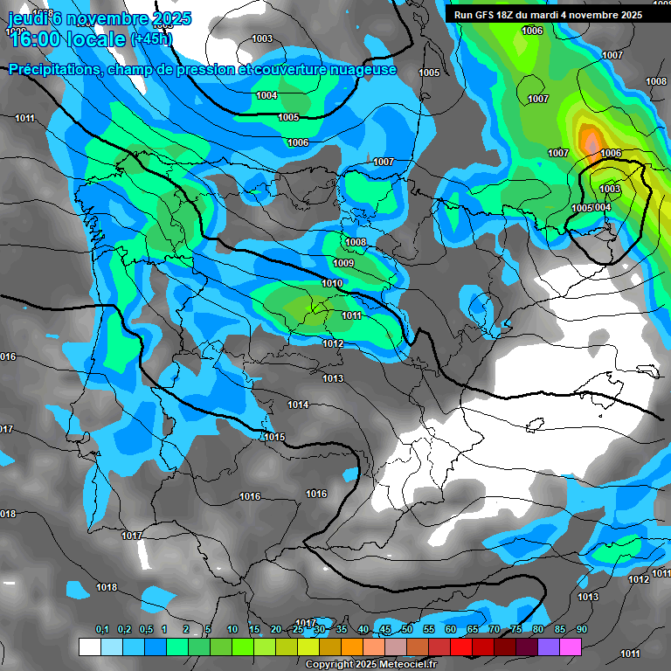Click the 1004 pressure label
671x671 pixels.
pos(266,95)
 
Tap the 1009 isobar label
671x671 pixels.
pos(343,263)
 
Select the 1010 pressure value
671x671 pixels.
pos(332,283)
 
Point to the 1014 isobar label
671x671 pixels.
pos(299,405)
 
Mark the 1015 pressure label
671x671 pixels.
pos(275,437)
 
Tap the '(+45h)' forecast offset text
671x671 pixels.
pos(151,38)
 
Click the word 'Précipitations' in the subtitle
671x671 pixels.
pos(52,69)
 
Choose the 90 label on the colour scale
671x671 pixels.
pos(581,629)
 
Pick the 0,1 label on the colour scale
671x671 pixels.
pos(102,629)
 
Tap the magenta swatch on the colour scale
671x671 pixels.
pos(571,647)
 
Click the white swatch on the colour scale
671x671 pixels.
pos(89,647)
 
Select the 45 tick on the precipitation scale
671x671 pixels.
pos(385,629)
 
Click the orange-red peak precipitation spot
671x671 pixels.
pos(591,138)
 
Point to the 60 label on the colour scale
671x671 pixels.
pos(451,629)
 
